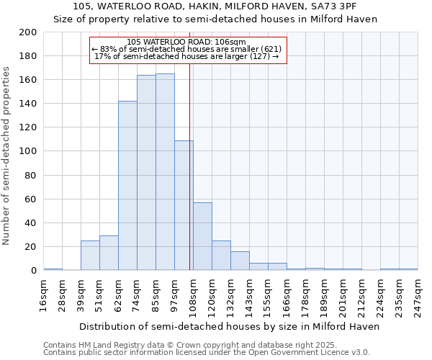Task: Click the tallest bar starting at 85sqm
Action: (165, 172)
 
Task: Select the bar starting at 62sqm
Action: (127, 186)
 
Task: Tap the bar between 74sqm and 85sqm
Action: (146, 173)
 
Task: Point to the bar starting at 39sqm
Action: (90, 256)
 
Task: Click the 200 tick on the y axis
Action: (29, 32)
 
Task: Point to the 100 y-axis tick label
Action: (29, 151)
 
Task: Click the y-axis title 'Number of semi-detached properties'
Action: (7, 156)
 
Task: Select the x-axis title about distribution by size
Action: (229, 326)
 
